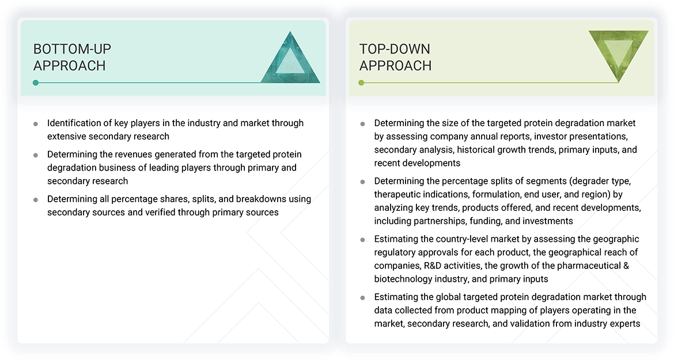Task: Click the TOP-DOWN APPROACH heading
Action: click(x=395, y=57)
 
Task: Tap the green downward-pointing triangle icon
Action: click(x=618, y=55)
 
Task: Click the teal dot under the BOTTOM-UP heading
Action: click(x=36, y=83)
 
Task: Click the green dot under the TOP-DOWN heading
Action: click(x=361, y=83)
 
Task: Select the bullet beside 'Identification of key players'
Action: click(x=36, y=124)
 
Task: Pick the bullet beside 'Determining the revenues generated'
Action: click(x=36, y=155)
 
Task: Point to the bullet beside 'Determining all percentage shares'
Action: click(x=36, y=199)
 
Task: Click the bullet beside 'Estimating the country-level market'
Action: click(x=362, y=240)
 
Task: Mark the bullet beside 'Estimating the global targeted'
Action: click(x=362, y=298)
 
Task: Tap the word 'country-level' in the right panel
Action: click(x=464, y=239)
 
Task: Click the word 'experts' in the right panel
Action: click(x=623, y=323)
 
